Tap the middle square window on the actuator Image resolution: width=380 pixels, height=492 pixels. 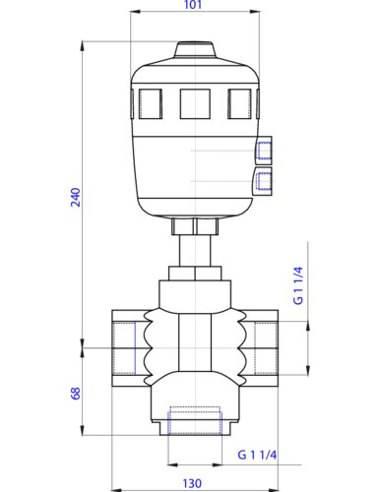[193, 100]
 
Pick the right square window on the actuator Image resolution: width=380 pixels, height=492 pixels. [239, 100]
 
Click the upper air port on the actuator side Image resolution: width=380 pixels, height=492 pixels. [262, 151]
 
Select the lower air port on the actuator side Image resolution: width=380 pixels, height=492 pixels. [262, 179]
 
